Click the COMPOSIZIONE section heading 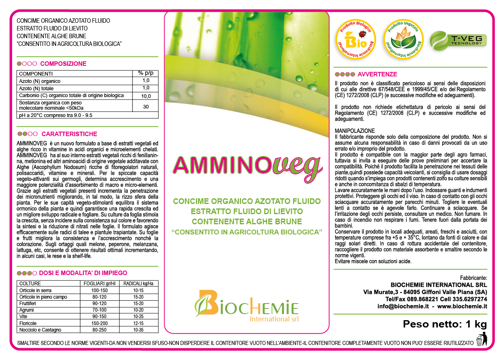pos(63,64)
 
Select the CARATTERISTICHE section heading pos(69,134)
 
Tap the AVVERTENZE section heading pos(377,74)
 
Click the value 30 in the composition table pos(146,106)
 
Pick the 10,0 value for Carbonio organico pos(146,96)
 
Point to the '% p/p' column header pos(146,74)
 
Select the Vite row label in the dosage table pos(24,317)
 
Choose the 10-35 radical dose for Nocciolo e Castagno pos(139,330)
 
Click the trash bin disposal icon pos(481,340)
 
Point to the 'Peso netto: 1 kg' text pos(445,324)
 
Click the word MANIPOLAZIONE pos(355,131)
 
